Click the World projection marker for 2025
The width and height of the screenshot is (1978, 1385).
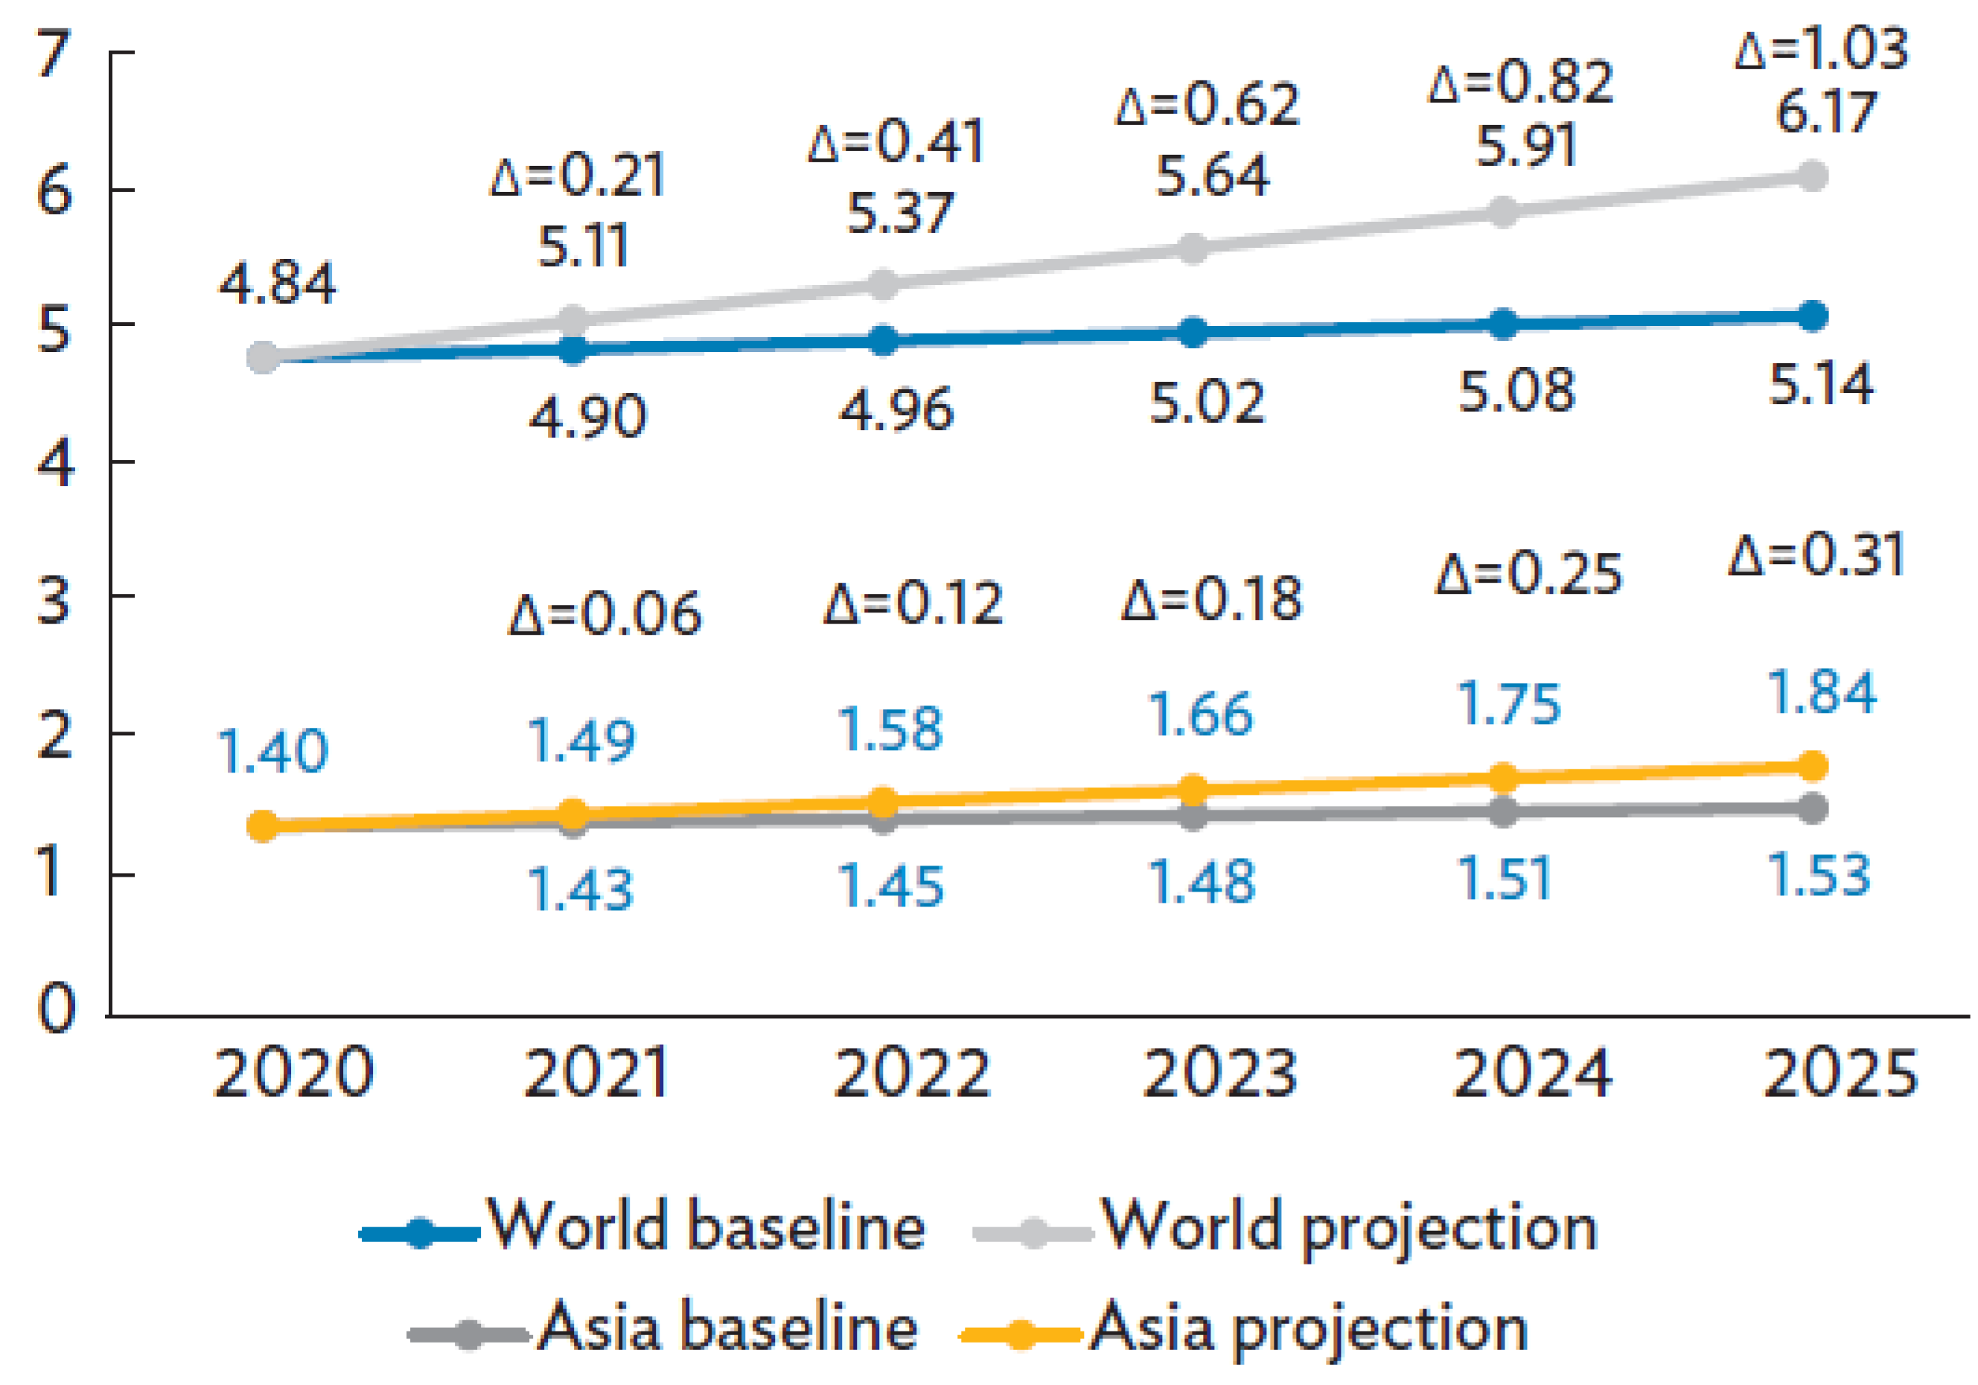[x=1813, y=176]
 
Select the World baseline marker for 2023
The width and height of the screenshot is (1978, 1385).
[x=1193, y=333]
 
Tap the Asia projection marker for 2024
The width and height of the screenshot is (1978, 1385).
[x=1502, y=778]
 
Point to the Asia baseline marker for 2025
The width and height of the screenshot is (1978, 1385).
[x=1813, y=808]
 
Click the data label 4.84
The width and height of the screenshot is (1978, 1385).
[x=276, y=284]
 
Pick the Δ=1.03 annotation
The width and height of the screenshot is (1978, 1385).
[x=1820, y=49]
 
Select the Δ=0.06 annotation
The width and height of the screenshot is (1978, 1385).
[x=604, y=614]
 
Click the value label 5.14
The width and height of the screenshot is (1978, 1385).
[x=1819, y=384]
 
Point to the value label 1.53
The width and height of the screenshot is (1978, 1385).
[x=1818, y=875]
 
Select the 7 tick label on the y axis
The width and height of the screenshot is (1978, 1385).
[x=54, y=54]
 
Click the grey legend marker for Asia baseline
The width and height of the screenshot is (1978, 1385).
[x=468, y=1336]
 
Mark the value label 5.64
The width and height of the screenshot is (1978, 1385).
[x=1211, y=176]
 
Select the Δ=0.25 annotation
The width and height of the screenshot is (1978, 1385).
[x=1528, y=574]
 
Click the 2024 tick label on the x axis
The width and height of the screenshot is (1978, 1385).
[x=1532, y=1074]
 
